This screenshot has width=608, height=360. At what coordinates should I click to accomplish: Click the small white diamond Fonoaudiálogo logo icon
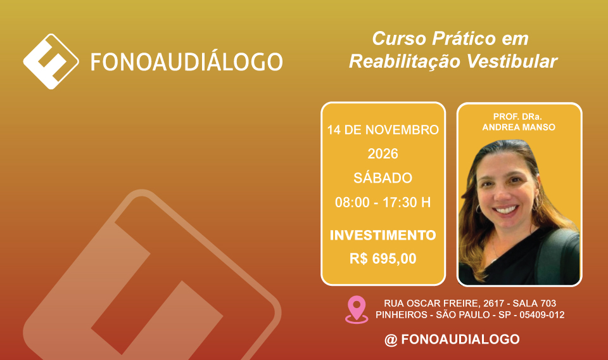(x=51, y=61)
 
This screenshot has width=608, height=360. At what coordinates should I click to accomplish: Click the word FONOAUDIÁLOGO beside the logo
(x=186, y=62)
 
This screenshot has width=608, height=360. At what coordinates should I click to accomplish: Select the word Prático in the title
(x=464, y=39)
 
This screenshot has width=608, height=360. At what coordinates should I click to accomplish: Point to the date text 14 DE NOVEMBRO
(x=383, y=129)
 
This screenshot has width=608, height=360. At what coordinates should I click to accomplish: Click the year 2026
(x=383, y=153)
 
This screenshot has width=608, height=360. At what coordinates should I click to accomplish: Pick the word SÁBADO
(x=383, y=177)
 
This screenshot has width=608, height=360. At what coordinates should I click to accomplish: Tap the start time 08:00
(x=352, y=202)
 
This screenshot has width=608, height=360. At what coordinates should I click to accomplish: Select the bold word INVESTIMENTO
(x=383, y=235)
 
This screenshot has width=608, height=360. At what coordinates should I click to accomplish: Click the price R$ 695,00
(x=383, y=259)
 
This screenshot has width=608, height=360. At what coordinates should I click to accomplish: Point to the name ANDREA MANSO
(x=519, y=127)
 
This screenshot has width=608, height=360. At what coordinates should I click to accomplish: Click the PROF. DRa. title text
(x=517, y=117)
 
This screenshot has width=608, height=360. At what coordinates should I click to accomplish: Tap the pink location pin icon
(x=357, y=309)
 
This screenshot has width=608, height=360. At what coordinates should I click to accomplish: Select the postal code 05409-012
(x=542, y=314)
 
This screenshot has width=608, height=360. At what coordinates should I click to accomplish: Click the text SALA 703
(x=535, y=304)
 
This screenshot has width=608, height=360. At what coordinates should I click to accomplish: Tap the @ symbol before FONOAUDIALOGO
(x=391, y=340)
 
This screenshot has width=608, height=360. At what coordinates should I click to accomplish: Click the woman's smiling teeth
(x=506, y=210)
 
